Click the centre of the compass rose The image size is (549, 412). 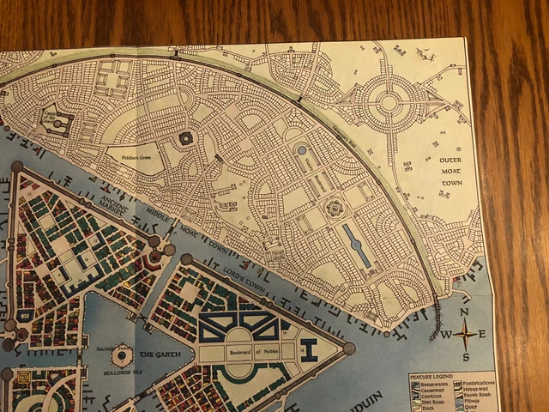tap(464, 335)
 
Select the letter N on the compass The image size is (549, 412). tap(464, 320)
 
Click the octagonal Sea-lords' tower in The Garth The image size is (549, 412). tap(122, 354)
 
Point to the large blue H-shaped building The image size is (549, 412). tap(308, 349)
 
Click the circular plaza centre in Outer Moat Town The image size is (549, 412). tap(389, 102)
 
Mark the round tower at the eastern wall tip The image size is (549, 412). tap(348, 348)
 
